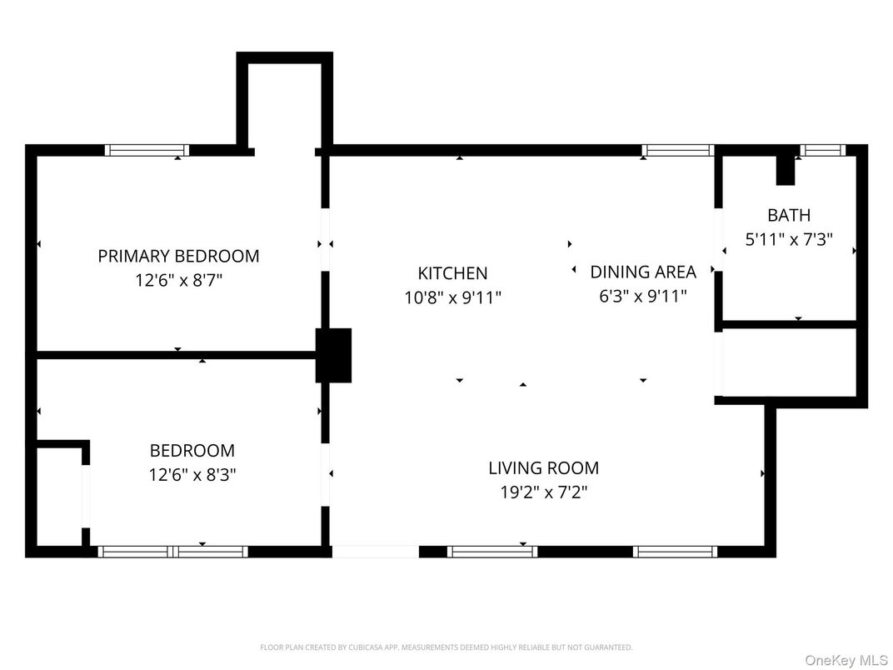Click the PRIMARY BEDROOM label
178,256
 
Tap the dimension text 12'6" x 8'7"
178,281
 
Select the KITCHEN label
452,272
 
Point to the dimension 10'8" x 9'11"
452,297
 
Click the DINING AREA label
642,272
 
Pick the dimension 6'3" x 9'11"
642,296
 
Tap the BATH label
788,215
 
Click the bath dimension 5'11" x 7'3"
788,240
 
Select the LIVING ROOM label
543,467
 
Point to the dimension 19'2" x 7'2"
543,492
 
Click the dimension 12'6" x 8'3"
192,475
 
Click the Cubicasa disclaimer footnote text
446,647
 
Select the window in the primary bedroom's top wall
147,151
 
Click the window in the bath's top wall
822,151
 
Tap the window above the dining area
678,151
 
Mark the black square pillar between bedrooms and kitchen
333,355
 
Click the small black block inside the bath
786,170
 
